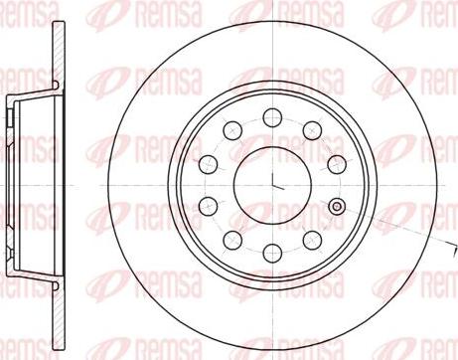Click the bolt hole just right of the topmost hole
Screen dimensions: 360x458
point(312,128)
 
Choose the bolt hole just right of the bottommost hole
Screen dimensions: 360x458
point(312,238)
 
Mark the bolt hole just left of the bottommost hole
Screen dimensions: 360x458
point(232,238)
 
